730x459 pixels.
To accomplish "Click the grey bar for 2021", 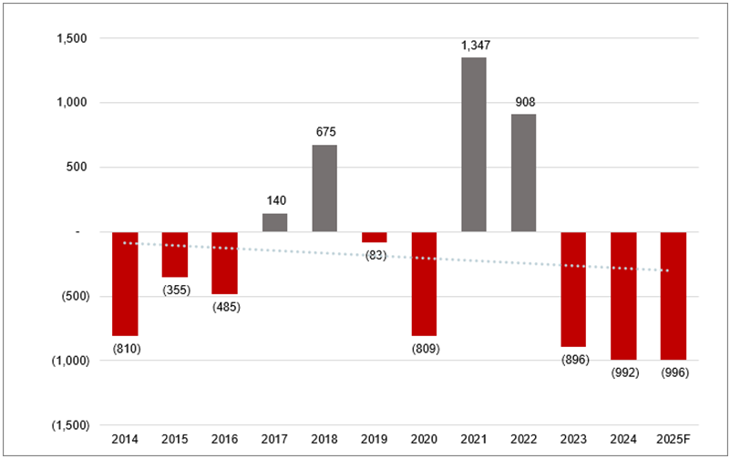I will click(473, 144).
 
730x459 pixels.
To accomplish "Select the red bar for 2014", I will click(125, 283).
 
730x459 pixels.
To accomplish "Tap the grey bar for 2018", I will click(324, 188).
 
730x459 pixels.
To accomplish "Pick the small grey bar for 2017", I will click(275, 222).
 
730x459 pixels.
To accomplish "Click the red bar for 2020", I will click(424, 283).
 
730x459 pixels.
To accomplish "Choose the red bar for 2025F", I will click(673, 295).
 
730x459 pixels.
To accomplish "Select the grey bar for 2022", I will click(523, 172).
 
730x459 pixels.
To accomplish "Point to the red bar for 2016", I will click(224, 262).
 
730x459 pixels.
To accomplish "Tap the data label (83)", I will click(374, 255).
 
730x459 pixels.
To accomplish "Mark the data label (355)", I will click(175, 290).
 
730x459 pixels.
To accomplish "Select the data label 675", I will click(324, 131).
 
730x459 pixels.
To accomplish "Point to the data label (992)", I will click(623, 372).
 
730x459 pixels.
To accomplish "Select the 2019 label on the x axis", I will click(374, 439).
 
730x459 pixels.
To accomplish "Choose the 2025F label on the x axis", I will click(673, 439).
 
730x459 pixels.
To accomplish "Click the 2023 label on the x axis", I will click(573, 439).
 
